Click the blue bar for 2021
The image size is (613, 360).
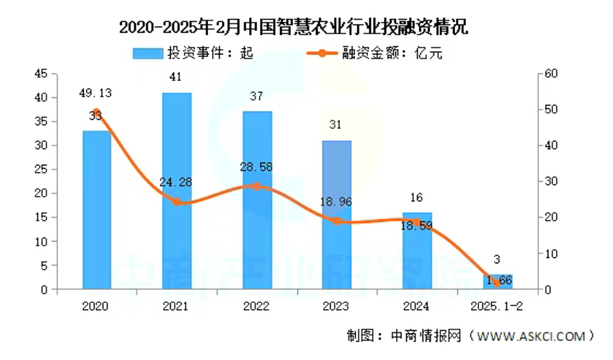tap(176, 191)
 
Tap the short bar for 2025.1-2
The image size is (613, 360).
tap(497, 282)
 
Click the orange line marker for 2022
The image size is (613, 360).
tap(256, 186)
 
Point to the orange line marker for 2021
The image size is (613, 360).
tap(176, 201)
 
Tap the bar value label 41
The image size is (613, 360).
tap(176, 76)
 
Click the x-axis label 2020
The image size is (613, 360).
tap(96, 306)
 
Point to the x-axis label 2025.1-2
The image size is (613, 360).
tap(497, 306)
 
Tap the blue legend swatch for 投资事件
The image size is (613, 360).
tap(146, 53)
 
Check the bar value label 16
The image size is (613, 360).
tap(417, 198)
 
